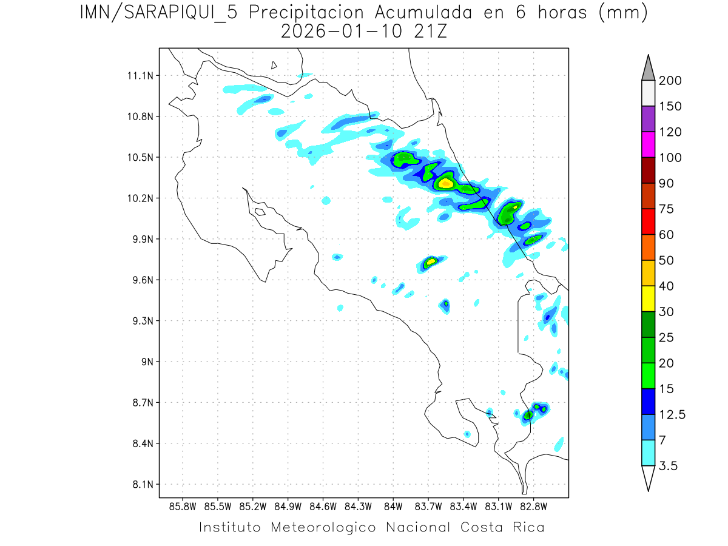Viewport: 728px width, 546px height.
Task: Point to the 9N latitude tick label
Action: (x=145, y=362)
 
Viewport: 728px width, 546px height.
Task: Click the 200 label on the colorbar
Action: (x=670, y=81)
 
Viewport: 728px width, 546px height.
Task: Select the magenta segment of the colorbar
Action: (x=648, y=145)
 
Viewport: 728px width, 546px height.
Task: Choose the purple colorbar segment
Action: (x=648, y=120)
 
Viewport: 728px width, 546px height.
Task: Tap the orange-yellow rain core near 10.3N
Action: (x=446, y=183)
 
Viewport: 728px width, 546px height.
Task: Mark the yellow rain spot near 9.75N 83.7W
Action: (x=431, y=262)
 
